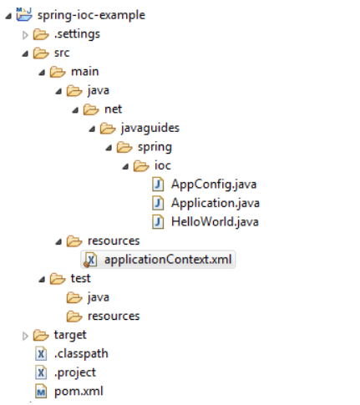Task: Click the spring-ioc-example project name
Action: (91, 15)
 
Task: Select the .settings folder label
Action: (77, 34)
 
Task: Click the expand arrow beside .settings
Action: (25, 35)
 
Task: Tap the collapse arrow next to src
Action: (25, 53)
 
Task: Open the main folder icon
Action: (58, 72)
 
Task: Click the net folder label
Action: (113, 109)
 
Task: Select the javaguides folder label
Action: (150, 129)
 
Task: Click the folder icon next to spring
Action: (124, 147)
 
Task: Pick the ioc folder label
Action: (163, 165)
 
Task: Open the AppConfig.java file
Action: (214, 185)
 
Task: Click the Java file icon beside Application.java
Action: (158, 203)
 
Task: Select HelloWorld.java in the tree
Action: (215, 222)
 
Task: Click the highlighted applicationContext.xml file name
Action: (168, 260)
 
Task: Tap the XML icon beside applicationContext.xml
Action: (91, 260)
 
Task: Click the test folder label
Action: (80, 278)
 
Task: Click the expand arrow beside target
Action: (25, 336)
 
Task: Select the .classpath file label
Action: (81, 354)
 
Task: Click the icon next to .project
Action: (41, 372)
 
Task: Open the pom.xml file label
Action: (79, 392)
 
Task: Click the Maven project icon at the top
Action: (24, 14)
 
